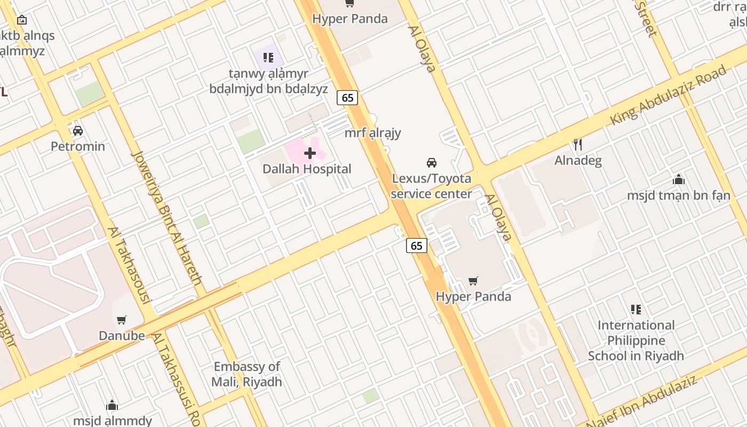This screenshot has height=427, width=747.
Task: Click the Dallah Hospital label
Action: coord(307,169)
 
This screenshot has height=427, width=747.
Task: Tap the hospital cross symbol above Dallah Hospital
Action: coord(310,154)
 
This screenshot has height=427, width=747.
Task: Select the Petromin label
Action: coord(78,146)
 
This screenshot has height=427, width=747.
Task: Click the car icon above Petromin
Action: coord(78,131)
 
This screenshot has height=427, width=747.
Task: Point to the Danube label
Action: coord(122,336)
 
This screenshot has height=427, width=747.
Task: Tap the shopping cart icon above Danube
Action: coord(122,320)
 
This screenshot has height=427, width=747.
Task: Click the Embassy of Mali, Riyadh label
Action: coord(247,374)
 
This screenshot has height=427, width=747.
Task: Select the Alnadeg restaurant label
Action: coord(578,161)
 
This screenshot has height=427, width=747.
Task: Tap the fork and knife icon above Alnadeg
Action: coord(577,144)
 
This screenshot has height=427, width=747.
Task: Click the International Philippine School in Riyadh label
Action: coord(636,341)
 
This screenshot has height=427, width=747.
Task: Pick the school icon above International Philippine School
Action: coord(635,309)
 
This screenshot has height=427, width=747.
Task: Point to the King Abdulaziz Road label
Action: coord(669,95)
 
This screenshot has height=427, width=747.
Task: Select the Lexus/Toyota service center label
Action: coord(431,186)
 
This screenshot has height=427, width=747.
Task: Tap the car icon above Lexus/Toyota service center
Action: coord(432,162)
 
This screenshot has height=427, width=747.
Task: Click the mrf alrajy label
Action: coord(372,133)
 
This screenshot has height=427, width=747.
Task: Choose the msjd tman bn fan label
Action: coord(678,195)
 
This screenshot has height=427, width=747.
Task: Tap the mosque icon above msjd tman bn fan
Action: coord(679,180)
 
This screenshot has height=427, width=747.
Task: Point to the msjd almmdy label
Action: coord(113,421)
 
